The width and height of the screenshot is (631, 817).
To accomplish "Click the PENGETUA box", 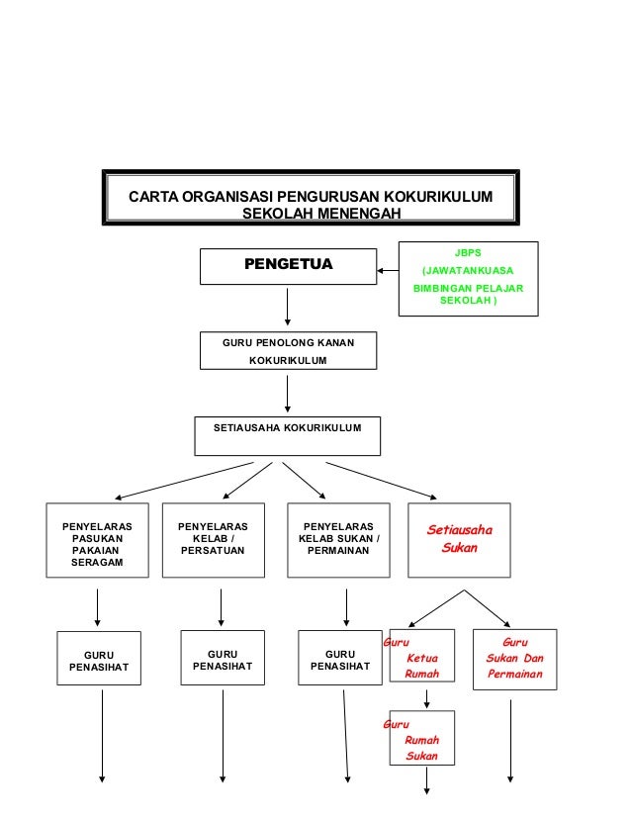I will (x=288, y=266).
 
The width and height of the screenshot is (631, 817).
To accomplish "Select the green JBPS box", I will (x=468, y=278).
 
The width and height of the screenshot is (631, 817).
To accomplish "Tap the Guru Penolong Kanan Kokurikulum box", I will (x=287, y=351).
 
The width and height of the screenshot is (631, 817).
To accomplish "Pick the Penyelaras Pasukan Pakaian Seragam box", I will (x=97, y=540).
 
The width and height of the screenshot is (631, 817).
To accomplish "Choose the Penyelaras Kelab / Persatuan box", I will (x=221, y=540).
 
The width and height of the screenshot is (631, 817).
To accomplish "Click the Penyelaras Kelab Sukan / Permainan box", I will (x=345, y=540).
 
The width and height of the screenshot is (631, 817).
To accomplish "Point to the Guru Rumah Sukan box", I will (x=422, y=738).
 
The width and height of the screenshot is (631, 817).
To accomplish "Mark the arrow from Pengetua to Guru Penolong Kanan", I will (x=288, y=307).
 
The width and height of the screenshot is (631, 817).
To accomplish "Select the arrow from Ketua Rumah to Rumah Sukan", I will (x=426, y=698).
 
